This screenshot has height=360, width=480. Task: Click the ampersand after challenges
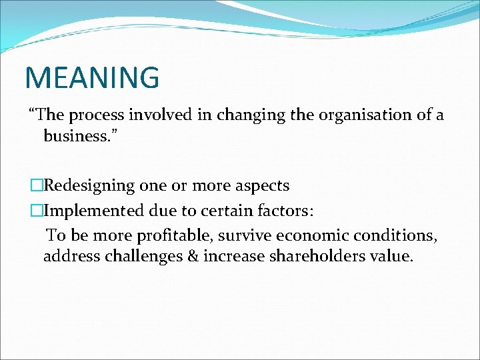pyautogui.click(x=192, y=256)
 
